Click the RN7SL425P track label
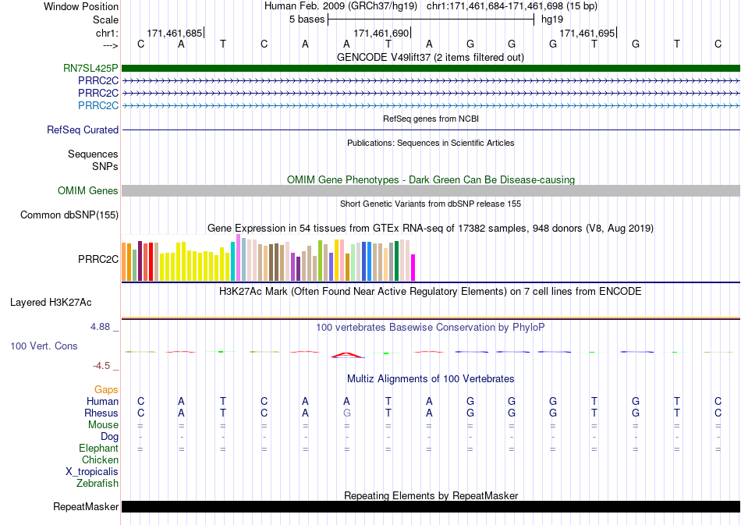90,69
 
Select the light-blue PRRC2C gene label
97,105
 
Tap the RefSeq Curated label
82,130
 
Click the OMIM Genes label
87,191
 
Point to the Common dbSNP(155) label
69,215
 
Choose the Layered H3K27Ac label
51,303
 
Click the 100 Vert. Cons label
44,346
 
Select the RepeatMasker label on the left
86,506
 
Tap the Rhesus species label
101,413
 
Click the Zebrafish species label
97,484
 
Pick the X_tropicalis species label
92,472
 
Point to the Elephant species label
98,448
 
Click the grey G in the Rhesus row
346,413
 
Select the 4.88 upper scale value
100,327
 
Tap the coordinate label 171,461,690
381,33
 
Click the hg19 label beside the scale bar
552,20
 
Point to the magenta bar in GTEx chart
413,268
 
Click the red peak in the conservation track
347,354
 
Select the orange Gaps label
106,389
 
